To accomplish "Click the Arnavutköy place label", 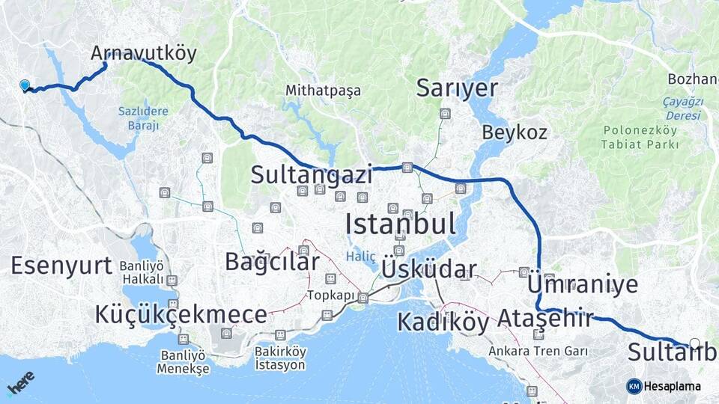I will (143, 53).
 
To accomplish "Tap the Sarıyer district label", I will (457, 88).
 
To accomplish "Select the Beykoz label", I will (515, 133).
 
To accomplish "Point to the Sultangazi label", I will (312, 175).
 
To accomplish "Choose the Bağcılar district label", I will (272, 261).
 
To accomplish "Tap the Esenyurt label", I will (61, 265).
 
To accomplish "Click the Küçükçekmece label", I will (180, 315).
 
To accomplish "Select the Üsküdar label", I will (428, 269).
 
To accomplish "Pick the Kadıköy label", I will (443, 322).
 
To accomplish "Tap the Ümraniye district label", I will (583, 284).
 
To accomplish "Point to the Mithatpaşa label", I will (323, 91).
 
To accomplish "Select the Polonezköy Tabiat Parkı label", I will (640, 137).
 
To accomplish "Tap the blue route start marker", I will (25, 86).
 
